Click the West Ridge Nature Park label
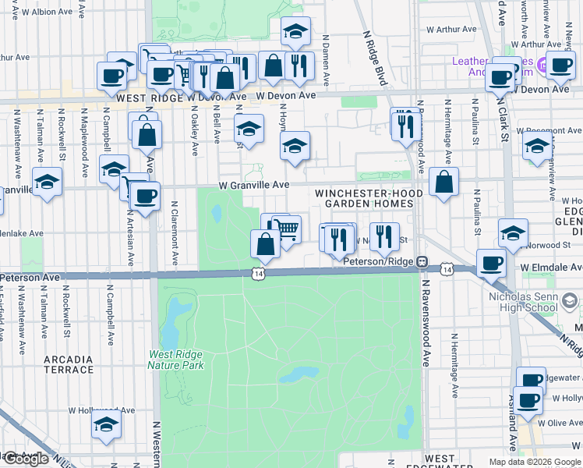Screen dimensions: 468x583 [x=176, y=359]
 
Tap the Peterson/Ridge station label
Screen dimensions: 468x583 [x=379, y=261]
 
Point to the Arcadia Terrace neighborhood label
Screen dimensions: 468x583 [x=69, y=364]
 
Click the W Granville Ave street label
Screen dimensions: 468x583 [x=254, y=185]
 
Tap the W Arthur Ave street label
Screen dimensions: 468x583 [x=450, y=30]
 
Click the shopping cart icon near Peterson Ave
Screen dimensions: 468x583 [x=287, y=229]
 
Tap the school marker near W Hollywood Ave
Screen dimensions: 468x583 [x=106, y=425]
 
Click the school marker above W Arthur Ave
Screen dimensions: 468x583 [x=295, y=32]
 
